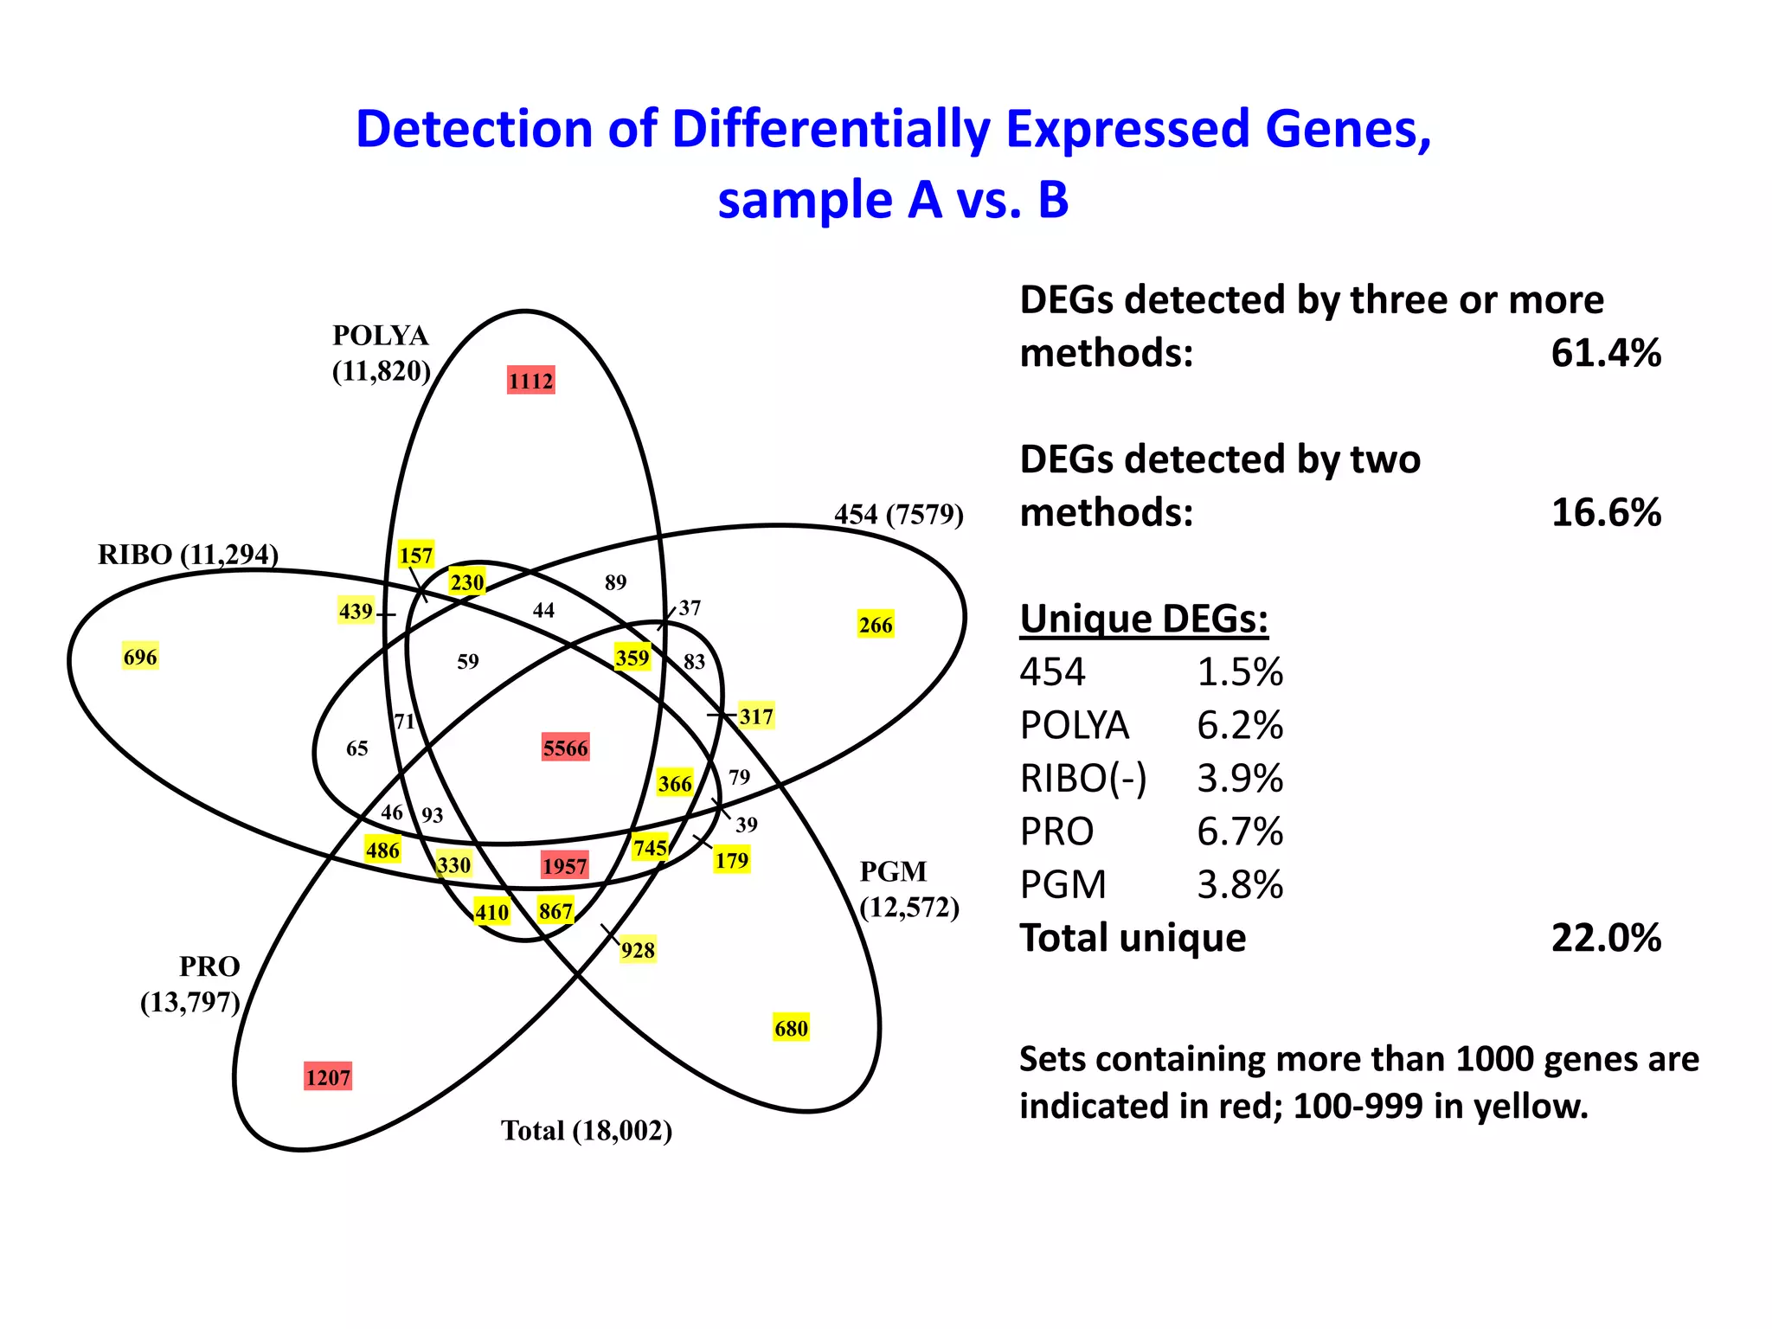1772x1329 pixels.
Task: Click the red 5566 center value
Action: click(565, 748)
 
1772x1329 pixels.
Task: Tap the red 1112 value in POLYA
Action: click(530, 381)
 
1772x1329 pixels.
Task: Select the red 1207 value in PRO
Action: click(328, 1077)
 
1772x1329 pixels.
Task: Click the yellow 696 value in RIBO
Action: click(140, 657)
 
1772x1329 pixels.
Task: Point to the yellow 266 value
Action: click(876, 625)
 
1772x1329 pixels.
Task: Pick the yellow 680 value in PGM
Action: click(791, 1028)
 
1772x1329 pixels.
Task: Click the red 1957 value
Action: click(565, 866)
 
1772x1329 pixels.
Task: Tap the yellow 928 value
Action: click(638, 950)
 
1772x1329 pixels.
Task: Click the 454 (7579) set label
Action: click(898, 515)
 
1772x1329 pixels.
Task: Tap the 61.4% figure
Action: click(1605, 353)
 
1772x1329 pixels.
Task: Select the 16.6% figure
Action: click(1605, 512)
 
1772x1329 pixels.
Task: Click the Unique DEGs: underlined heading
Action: click(1143, 619)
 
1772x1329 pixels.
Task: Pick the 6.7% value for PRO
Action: click(1239, 831)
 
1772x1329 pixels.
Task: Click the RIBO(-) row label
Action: click(1083, 779)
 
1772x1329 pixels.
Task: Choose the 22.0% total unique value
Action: click(1605, 938)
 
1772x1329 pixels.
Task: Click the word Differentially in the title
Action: click(830, 130)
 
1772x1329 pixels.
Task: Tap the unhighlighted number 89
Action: click(615, 582)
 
